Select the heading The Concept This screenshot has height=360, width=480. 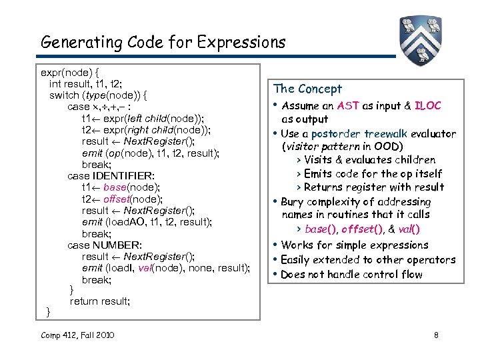coord(307,89)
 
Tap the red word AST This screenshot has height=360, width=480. coord(349,105)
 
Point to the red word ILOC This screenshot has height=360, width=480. coord(427,105)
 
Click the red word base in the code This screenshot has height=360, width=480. coord(115,187)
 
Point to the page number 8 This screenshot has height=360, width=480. coord(436,335)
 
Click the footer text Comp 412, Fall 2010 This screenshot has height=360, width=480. coord(77,335)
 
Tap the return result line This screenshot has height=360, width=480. coord(100,301)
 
